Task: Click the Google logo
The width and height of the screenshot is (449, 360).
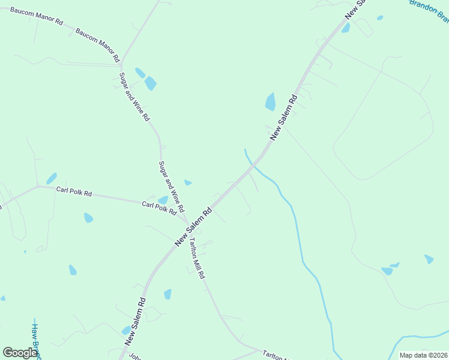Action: [x=20, y=353]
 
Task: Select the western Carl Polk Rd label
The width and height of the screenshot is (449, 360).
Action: [x=74, y=193]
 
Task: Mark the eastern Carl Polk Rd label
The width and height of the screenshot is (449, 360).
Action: [x=159, y=208]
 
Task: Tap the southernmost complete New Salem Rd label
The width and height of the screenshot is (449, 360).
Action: [x=136, y=322]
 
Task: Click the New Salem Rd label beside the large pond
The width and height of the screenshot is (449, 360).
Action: [x=283, y=118]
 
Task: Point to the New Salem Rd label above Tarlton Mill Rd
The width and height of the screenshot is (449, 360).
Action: [x=193, y=227]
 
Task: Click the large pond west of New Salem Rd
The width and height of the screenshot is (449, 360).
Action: [x=271, y=102]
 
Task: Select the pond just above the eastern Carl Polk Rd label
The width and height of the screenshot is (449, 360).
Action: [x=163, y=200]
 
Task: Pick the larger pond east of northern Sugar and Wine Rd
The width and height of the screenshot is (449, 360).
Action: [x=150, y=83]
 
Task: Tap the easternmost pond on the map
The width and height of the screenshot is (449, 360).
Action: [x=429, y=259]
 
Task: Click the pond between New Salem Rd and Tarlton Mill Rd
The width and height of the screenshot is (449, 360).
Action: [x=167, y=294]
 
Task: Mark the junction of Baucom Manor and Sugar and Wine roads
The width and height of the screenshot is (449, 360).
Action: [x=122, y=62]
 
